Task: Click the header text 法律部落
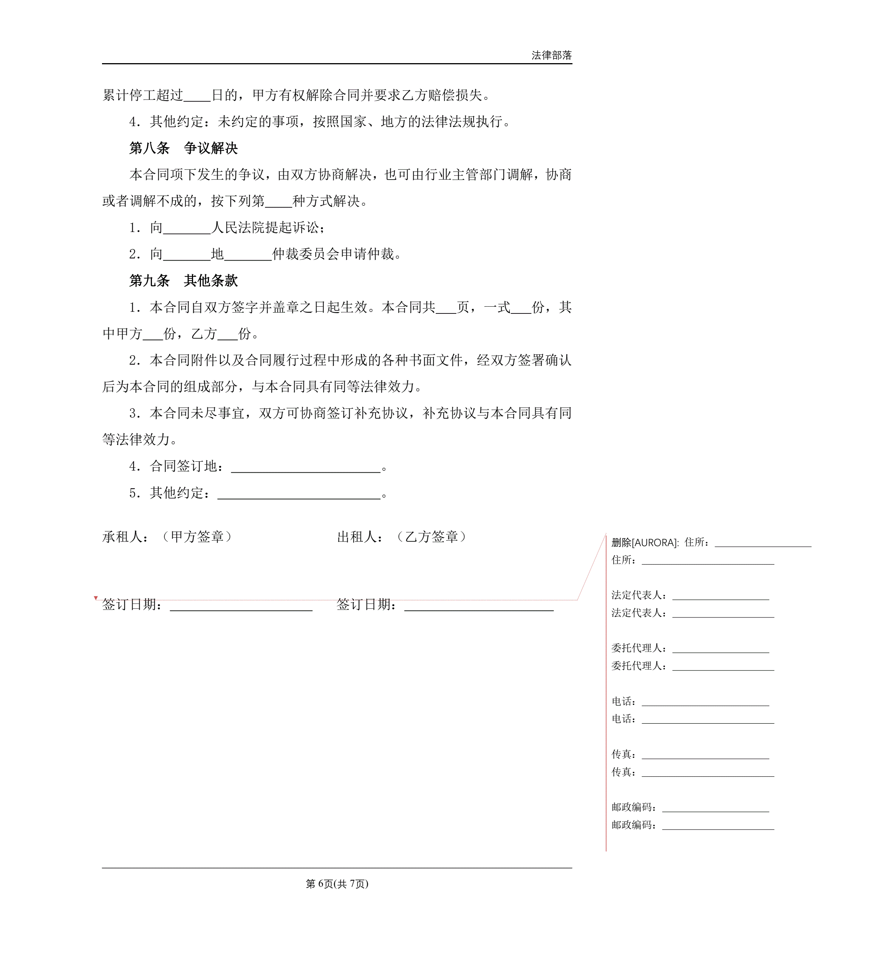551,55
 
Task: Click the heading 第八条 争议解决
184,148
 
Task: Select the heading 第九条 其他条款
184,281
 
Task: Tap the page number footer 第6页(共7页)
337,884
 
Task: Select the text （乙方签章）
431,537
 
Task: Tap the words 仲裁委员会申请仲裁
333,254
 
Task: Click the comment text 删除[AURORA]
645,542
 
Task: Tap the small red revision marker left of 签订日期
96,598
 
